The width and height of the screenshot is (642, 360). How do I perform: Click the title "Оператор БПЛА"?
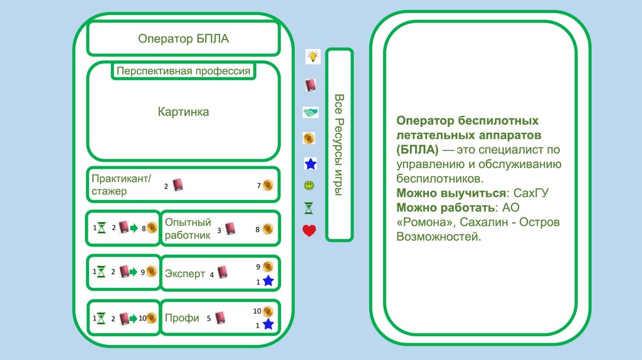[x=183, y=39]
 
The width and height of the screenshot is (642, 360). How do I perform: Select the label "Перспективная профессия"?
[x=183, y=71]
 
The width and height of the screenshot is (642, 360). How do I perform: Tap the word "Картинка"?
[x=183, y=112]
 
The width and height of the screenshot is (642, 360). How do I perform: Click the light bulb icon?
[x=312, y=56]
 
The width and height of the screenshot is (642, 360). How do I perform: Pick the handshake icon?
[x=310, y=112]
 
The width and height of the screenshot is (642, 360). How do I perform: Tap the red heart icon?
[x=309, y=231]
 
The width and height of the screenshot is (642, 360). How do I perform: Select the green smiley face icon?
[x=309, y=186]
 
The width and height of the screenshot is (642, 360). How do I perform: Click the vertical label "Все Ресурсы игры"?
[x=339, y=144]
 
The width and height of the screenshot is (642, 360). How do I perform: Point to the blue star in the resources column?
[x=310, y=164]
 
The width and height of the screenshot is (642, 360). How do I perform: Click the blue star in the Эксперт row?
[x=268, y=282]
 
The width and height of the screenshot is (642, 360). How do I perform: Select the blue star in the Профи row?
[x=268, y=324]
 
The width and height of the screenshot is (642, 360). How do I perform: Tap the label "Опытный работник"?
[x=187, y=228]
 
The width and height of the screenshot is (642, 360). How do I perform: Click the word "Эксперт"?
[x=185, y=273]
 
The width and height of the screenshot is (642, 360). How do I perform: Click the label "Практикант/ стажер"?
[x=122, y=185]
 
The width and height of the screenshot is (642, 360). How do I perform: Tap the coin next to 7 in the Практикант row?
[x=268, y=185]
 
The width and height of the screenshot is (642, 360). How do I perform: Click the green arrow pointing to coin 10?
[x=133, y=318]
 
